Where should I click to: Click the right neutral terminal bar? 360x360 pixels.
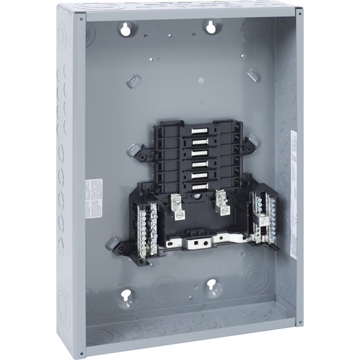pyautogui.click(x=267, y=214)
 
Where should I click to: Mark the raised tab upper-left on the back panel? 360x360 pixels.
pyautogui.click(x=134, y=81)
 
